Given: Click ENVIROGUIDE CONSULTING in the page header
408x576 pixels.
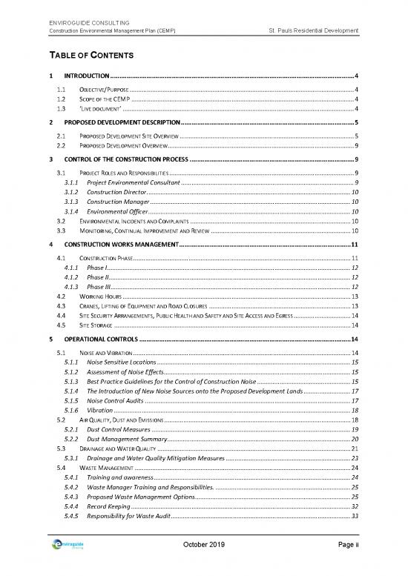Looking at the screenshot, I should [x=88, y=21].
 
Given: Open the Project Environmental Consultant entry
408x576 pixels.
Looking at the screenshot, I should [x=134, y=182].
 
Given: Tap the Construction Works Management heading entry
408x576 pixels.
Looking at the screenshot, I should [x=122, y=245].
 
